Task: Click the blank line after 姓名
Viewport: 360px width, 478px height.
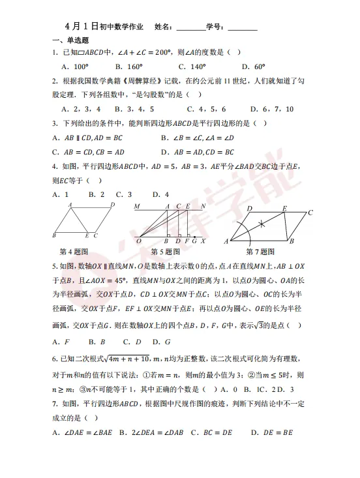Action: pyautogui.click(x=190, y=29)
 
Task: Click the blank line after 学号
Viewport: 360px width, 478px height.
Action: pyautogui.click(x=242, y=29)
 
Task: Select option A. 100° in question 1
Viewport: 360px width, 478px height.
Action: pyautogui.click(x=74, y=67)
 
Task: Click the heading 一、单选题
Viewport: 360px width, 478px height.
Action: pyautogui.click(x=66, y=40)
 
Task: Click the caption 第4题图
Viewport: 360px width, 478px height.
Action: pyautogui.click(x=74, y=251)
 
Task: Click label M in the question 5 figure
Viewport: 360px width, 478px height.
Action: pyautogui.click(x=137, y=207)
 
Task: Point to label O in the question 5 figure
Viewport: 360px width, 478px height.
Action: pyautogui.click(x=139, y=241)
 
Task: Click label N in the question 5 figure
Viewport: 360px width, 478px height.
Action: pyautogui.click(x=205, y=207)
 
